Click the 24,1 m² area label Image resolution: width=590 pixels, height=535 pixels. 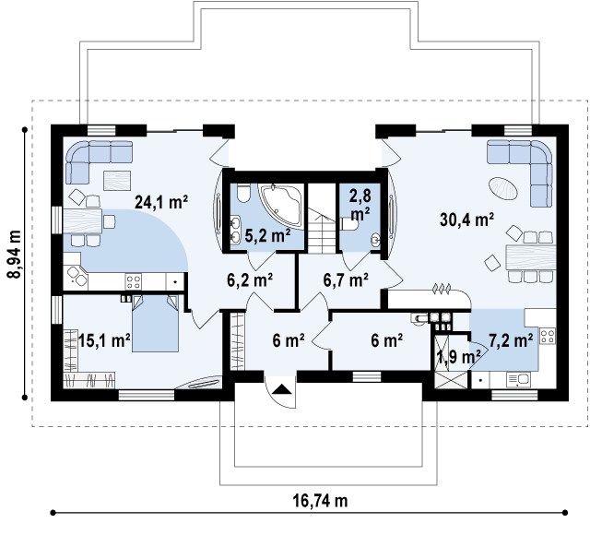(x=161, y=202)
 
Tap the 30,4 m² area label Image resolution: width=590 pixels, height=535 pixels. (x=466, y=220)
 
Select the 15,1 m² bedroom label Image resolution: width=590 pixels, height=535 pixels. (x=104, y=341)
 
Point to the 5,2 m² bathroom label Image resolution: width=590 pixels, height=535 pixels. (x=267, y=235)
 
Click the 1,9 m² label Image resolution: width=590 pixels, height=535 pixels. (x=459, y=356)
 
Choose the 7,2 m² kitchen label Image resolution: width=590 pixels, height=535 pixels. (x=511, y=340)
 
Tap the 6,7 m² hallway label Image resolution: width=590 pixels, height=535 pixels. (x=346, y=279)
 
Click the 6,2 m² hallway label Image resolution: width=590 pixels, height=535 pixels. (x=250, y=279)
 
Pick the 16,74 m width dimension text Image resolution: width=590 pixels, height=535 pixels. (x=320, y=501)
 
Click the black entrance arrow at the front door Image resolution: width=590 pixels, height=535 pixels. (x=281, y=389)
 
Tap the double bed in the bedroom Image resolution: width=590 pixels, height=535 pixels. (x=155, y=324)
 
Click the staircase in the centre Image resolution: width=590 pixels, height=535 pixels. (x=322, y=230)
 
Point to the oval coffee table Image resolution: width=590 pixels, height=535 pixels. (x=503, y=189)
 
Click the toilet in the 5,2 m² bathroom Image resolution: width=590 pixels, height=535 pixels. (x=243, y=193)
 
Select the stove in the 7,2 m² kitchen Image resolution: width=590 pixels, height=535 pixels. (x=548, y=336)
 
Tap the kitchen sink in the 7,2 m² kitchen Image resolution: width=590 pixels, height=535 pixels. (x=518, y=380)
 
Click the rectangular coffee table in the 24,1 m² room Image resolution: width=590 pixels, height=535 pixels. (x=117, y=181)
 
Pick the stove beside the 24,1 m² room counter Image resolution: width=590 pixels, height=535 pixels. (x=134, y=281)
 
